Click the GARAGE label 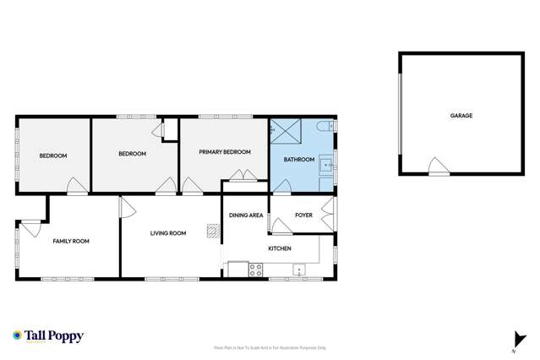[x=461, y=115]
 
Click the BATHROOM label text [x=298, y=160]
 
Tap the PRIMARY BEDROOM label [x=225, y=152]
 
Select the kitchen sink [x=298, y=270]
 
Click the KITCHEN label [x=280, y=248]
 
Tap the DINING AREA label [x=246, y=215]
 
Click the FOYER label [x=303, y=215]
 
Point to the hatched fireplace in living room [x=212, y=230]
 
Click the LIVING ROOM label [x=168, y=233]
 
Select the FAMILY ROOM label [x=71, y=241]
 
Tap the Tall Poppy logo [x=48, y=336]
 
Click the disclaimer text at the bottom [x=270, y=347]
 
